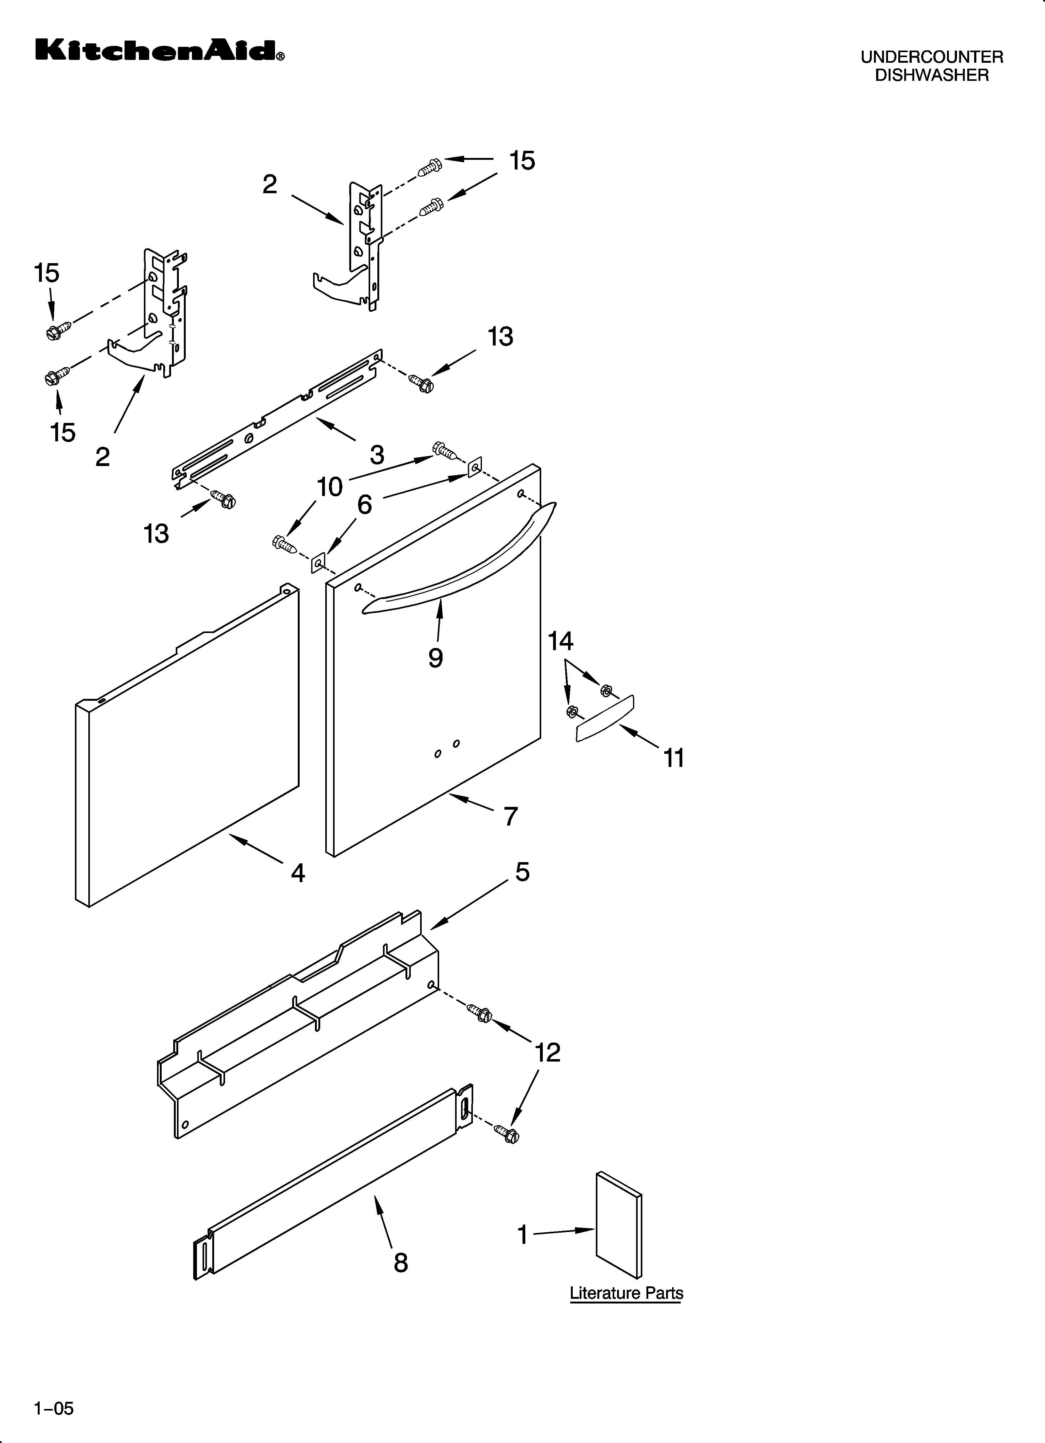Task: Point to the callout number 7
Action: point(510,816)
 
